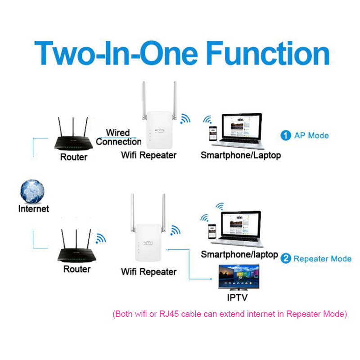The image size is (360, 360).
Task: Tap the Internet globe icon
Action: click(x=32, y=191)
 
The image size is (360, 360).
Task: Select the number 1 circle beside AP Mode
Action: click(x=286, y=135)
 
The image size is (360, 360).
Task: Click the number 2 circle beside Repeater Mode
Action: click(x=286, y=258)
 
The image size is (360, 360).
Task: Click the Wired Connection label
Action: click(x=118, y=137)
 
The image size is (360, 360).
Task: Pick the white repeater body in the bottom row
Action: click(x=148, y=243)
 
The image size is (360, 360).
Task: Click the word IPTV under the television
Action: click(x=237, y=297)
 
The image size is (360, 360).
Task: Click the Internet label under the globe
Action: click(x=33, y=209)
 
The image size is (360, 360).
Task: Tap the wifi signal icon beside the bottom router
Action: click(x=101, y=238)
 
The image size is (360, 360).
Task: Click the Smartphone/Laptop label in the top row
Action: click(x=240, y=155)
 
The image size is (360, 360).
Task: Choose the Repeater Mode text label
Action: click(x=322, y=259)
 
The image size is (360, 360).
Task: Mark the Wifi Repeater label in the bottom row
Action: click(x=148, y=272)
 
